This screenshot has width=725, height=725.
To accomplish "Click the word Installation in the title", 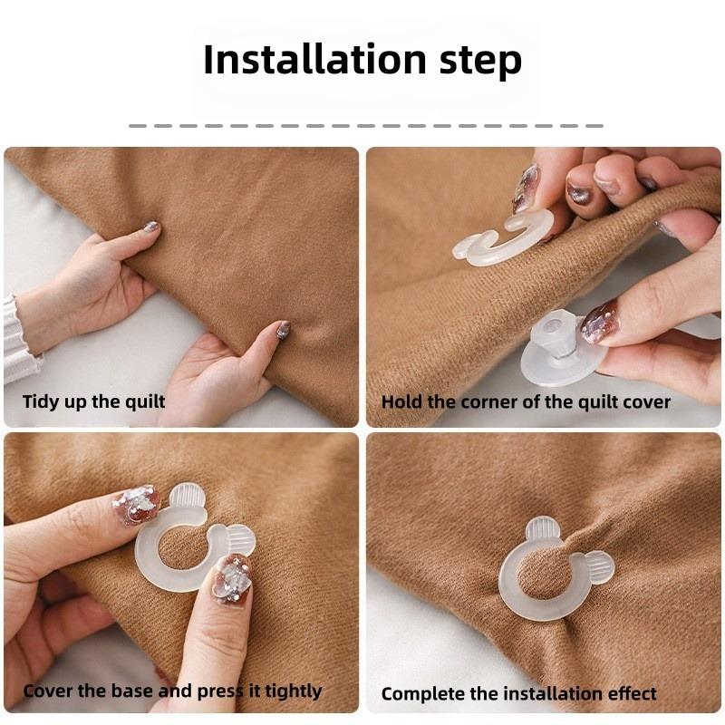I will coord(304,60).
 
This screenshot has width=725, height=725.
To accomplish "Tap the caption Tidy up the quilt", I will coord(93,401).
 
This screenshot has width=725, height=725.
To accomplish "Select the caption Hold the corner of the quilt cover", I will coord(526,401).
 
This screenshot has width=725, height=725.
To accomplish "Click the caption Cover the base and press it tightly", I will coord(172,691).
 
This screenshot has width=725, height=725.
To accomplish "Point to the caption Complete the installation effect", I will coord(518,694).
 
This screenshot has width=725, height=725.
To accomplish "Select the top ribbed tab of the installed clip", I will coord(542,531).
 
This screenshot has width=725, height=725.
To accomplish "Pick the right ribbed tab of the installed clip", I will coord(598,567).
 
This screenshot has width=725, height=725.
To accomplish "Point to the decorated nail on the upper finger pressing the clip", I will coord(136,505).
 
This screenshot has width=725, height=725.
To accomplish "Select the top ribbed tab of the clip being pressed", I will coord(188,498).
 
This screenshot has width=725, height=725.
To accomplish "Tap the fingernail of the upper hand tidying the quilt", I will coord(150,227).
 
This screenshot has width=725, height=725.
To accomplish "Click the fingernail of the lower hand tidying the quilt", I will coord(283,330).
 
